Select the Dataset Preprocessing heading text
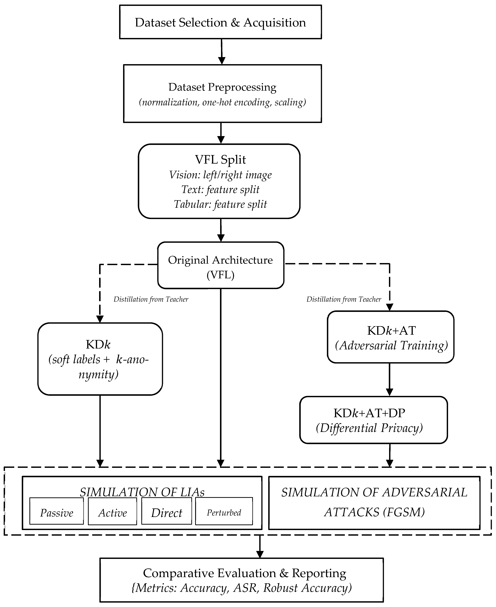coord(222,87)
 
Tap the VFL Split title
coord(220,159)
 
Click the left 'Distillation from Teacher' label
coord(151,299)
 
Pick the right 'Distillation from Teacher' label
coord(344,299)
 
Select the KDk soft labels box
coord(100,359)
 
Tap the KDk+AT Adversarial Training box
coord(391,337)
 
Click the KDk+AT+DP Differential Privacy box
coord(373,420)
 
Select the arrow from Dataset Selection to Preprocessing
coord(221,52)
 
